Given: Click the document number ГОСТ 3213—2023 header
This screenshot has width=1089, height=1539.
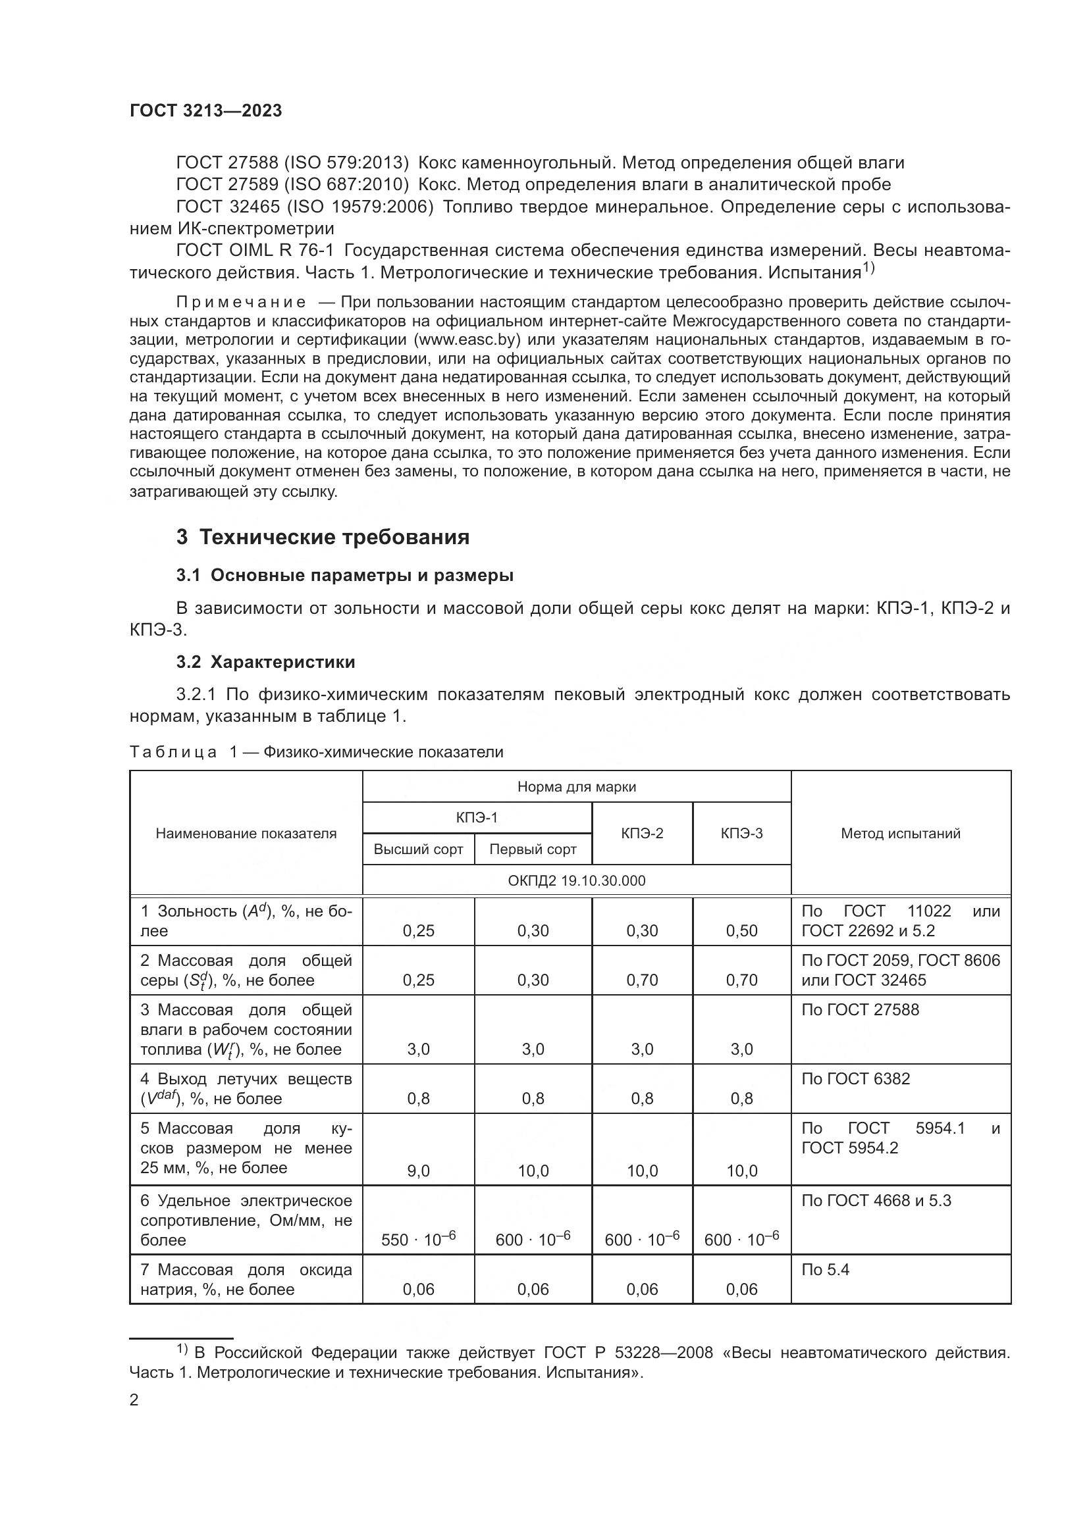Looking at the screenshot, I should point(206,111).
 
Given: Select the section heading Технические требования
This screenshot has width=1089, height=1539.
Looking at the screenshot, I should point(334,538).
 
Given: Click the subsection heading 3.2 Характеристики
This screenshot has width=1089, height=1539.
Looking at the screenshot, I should point(265,663).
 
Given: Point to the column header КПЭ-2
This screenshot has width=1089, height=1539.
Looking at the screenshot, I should point(642,833).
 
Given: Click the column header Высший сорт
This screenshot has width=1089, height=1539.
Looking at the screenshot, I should point(419,849).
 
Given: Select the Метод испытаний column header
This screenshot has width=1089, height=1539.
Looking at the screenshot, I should point(900,833).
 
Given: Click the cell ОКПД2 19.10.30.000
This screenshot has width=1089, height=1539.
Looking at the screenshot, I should point(577,880).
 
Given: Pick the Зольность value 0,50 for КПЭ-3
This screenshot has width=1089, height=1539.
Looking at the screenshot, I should point(741,930).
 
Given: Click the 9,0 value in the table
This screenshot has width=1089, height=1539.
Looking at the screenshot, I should point(419,1171).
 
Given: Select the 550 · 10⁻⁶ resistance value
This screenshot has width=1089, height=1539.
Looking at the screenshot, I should point(419,1240).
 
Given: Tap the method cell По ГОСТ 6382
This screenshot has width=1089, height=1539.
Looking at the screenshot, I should point(856,1079).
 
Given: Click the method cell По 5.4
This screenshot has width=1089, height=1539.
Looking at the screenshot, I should point(826,1269).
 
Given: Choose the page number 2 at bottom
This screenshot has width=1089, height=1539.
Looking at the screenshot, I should point(134,1400).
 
